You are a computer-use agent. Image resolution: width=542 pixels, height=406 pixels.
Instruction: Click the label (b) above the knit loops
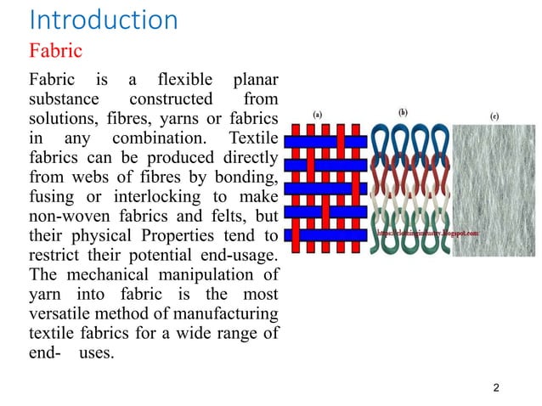[x=402, y=111]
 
